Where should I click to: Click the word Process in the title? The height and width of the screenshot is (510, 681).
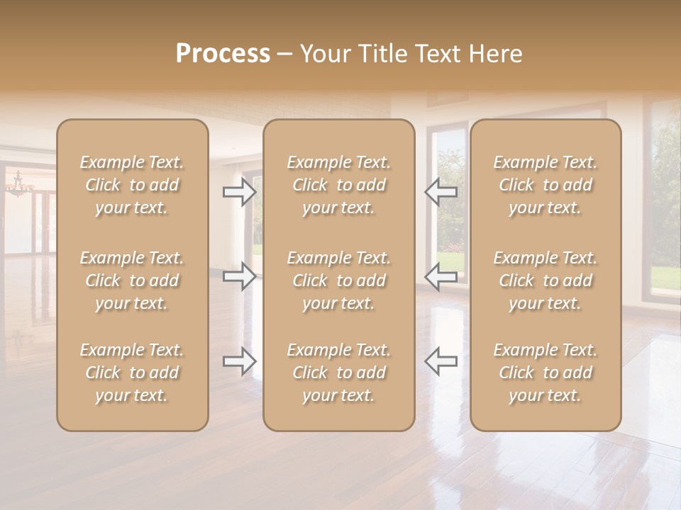tap(223, 54)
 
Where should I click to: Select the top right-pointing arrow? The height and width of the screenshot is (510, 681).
tap(240, 191)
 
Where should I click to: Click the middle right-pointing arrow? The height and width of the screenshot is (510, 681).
tap(240, 276)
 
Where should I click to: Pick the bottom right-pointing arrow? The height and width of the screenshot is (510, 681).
tap(240, 361)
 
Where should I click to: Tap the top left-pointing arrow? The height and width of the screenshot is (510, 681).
tap(441, 191)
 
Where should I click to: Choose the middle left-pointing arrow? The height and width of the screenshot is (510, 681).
tap(441, 276)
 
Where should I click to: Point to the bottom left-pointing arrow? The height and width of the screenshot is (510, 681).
tap(441, 361)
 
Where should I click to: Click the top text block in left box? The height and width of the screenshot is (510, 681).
tap(132, 185)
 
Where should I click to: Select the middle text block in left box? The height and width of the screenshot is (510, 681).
tap(132, 280)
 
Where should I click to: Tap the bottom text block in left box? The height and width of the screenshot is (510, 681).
tap(132, 373)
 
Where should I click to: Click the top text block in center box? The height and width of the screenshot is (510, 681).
tap(339, 185)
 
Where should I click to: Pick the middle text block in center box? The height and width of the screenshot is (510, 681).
tap(339, 280)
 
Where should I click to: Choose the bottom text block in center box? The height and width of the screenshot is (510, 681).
tap(339, 373)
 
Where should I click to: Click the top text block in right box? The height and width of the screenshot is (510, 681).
tap(546, 185)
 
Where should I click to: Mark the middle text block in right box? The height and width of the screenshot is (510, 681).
tap(546, 280)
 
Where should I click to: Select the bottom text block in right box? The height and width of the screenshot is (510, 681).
tap(546, 373)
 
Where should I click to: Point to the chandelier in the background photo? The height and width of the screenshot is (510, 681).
tap(19, 185)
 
